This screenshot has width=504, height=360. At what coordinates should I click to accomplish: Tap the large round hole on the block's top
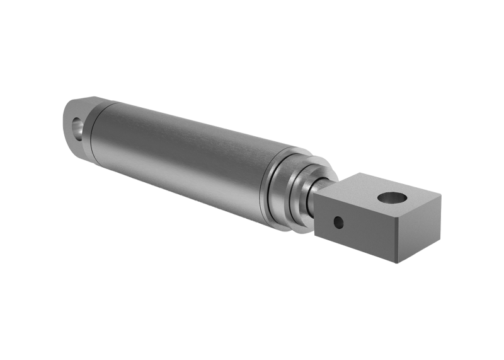(393, 198)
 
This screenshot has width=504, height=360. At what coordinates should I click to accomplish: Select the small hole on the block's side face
(339, 222)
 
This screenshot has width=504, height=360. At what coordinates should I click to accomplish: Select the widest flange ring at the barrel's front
(277, 189)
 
